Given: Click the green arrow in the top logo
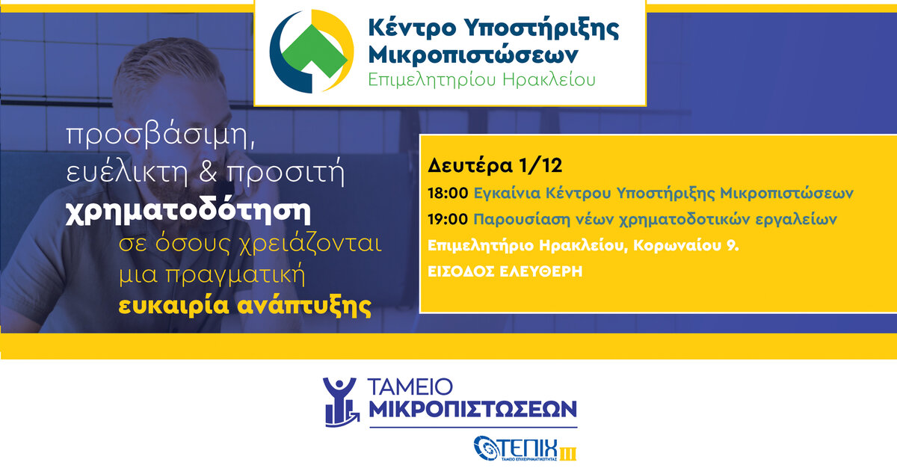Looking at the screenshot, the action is [314, 50].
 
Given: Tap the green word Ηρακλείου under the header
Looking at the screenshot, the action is [549, 80].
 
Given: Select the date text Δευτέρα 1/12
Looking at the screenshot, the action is [495, 165].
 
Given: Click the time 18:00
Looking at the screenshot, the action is [448, 193].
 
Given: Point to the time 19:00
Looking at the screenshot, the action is [448, 219].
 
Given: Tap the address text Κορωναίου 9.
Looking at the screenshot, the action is [685, 245].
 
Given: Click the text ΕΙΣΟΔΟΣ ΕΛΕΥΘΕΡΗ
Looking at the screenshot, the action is [505, 271].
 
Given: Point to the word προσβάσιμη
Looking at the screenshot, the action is [161, 135].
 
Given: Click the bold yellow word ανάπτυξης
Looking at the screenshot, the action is [304, 306].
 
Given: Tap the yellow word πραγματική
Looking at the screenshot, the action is [235, 275].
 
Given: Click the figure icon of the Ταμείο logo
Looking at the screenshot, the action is [341, 401].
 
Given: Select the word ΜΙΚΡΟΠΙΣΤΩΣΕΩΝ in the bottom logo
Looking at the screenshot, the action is [472, 409].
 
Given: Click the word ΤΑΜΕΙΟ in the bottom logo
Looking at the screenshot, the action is [410, 387].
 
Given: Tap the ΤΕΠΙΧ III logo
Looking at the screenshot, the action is [525, 448].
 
